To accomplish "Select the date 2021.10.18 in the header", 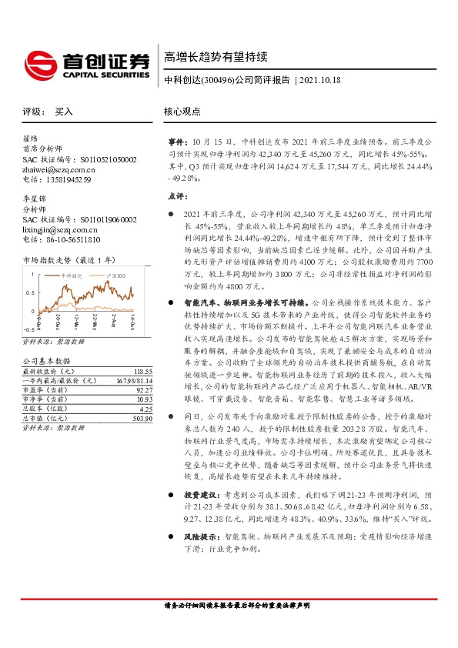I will point(319,80).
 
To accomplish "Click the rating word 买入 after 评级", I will point(64,112).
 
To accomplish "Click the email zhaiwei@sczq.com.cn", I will point(57,169).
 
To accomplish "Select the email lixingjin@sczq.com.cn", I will point(60,229).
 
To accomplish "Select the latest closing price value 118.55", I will point(122,371).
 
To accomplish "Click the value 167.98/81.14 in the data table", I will point(114,379).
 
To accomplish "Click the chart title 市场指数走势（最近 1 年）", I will point(69,260).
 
